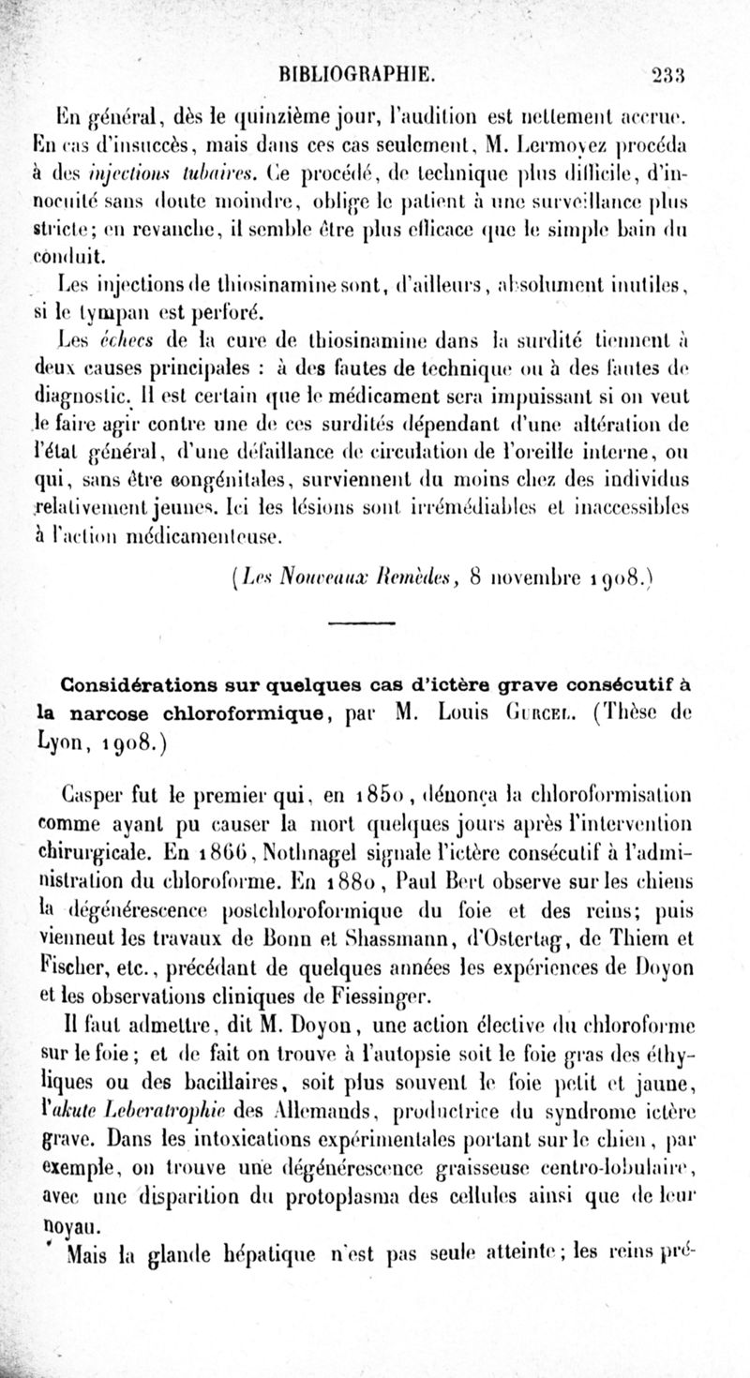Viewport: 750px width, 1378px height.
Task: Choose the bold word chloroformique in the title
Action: [x=209, y=710]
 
